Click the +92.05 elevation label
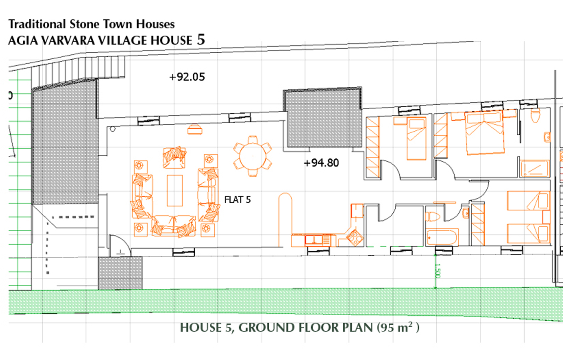click(x=187, y=77)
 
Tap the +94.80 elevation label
click(x=322, y=163)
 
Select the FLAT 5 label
click(x=237, y=200)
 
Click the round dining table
click(x=253, y=156)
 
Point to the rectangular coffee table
click(x=174, y=190)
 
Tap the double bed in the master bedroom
click(x=484, y=133)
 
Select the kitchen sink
click(x=314, y=240)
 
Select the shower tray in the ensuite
click(x=535, y=168)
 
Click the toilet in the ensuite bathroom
click(x=535, y=116)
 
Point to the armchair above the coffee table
click(x=174, y=157)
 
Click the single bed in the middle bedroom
click(x=416, y=138)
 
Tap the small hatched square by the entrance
click(x=120, y=273)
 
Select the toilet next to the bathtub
click(x=433, y=216)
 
